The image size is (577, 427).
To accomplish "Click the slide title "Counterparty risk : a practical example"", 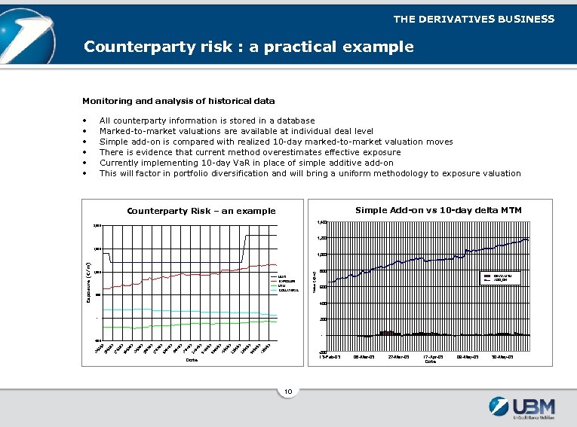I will [248, 47].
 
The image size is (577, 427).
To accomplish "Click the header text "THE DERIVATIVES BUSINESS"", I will [473, 19].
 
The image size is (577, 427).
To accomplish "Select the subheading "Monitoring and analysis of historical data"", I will [178, 100].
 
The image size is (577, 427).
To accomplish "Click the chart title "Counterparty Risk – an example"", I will [201, 211].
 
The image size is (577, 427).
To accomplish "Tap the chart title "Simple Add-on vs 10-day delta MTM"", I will [438, 209].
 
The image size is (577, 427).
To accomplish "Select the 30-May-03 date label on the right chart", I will [506, 356].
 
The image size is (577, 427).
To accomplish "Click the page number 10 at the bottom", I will [288, 391].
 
